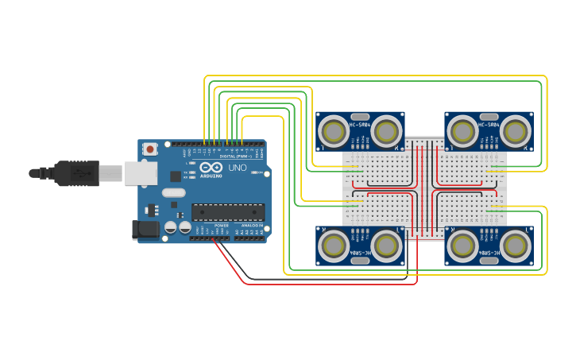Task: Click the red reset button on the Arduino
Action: [150, 149]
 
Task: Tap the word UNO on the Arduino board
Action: [238, 168]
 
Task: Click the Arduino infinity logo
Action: [211, 168]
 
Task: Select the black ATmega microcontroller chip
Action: [227, 212]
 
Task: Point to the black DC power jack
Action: [145, 230]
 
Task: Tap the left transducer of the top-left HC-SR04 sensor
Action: [334, 131]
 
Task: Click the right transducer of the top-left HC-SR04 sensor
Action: [387, 131]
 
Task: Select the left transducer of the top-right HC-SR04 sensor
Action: [462, 131]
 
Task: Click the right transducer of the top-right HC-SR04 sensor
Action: [516, 131]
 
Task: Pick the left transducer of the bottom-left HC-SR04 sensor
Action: [334, 246]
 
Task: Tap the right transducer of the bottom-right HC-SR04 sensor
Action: [516, 246]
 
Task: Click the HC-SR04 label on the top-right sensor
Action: [489, 125]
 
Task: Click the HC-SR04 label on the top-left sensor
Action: [360, 125]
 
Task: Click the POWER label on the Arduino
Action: [222, 225]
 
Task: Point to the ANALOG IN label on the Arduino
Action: [251, 225]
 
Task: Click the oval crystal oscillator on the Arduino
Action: [173, 192]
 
